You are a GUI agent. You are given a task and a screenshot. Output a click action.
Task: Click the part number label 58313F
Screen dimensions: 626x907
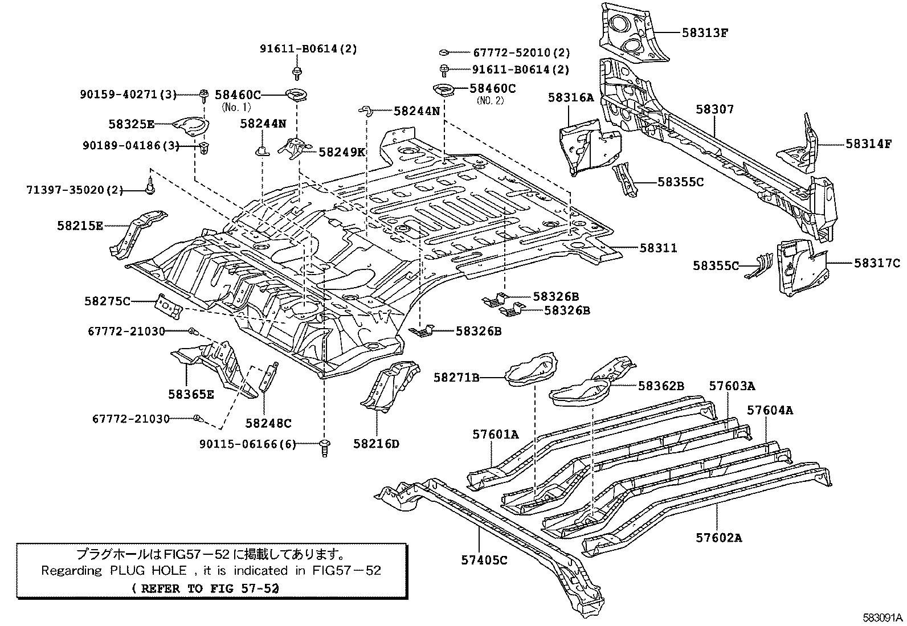coord(705,32)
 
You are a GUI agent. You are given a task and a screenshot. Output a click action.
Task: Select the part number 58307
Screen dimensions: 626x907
coord(714,109)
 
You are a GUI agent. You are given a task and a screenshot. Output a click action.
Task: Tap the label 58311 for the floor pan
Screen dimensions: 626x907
coord(657,248)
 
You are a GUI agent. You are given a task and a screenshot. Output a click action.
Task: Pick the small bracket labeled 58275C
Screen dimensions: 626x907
coord(169,306)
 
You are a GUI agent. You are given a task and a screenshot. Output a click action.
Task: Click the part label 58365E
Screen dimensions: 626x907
coord(191,394)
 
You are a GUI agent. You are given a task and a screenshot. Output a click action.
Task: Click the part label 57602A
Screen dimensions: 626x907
coord(718,537)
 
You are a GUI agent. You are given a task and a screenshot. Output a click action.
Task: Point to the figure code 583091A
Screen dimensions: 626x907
coord(883,618)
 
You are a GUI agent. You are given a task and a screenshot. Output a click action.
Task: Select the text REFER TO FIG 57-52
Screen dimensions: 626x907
coord(209,588)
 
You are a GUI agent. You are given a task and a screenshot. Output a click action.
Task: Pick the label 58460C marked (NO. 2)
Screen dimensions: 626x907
coord(492,88)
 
